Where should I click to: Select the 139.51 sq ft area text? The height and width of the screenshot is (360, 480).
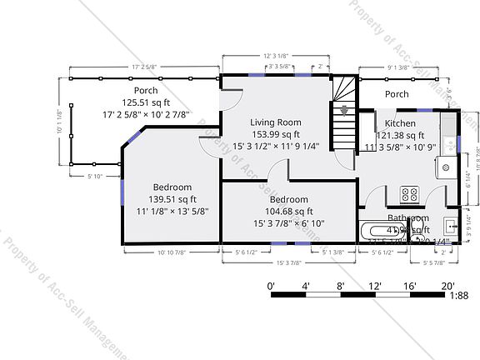(172, 199)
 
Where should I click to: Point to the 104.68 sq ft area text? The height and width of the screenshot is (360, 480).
(288, 212)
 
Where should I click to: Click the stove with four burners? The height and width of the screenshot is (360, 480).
(410, 193)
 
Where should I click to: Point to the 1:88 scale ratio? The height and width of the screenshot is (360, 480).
(457, 293)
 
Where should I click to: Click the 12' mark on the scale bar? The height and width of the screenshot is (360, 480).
(375, 286)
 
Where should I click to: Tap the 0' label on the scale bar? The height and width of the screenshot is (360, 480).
(271, 286)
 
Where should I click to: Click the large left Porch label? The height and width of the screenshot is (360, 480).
(146, 90)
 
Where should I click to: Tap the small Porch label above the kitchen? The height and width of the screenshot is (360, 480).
(397, 94)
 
